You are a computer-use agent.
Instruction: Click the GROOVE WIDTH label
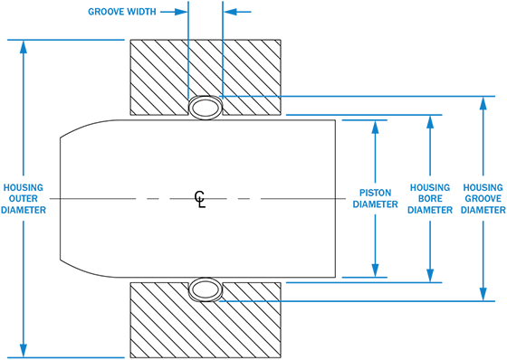coord(122,12)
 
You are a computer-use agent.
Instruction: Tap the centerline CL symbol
coord(200,199)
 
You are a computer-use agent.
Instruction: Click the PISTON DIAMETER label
coord(375,198)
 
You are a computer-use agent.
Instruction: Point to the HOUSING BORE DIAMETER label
coord(430,199)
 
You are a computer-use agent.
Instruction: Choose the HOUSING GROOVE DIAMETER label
coord(483,199)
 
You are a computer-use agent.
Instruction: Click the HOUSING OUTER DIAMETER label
coord(24,199)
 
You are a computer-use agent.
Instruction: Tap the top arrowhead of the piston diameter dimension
coord(375,127)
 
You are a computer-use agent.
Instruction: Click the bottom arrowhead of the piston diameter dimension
coord(375,270)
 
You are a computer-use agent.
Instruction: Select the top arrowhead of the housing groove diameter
coord(483,103)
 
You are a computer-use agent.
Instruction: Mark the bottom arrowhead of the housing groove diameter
coord(483,294)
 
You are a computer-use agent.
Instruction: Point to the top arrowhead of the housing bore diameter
coord(430,122)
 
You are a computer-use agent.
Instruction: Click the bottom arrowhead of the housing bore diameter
coord(430,276)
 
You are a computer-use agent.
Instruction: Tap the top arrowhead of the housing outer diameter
coord(24,47)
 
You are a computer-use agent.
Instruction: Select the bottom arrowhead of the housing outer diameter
coord(24,351)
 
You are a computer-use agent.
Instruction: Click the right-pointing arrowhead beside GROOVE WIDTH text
coord(181,12)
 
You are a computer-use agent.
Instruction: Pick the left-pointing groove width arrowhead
coord(230,12)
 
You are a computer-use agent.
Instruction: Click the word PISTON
coord(375,193)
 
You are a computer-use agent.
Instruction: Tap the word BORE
coord(430,199)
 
